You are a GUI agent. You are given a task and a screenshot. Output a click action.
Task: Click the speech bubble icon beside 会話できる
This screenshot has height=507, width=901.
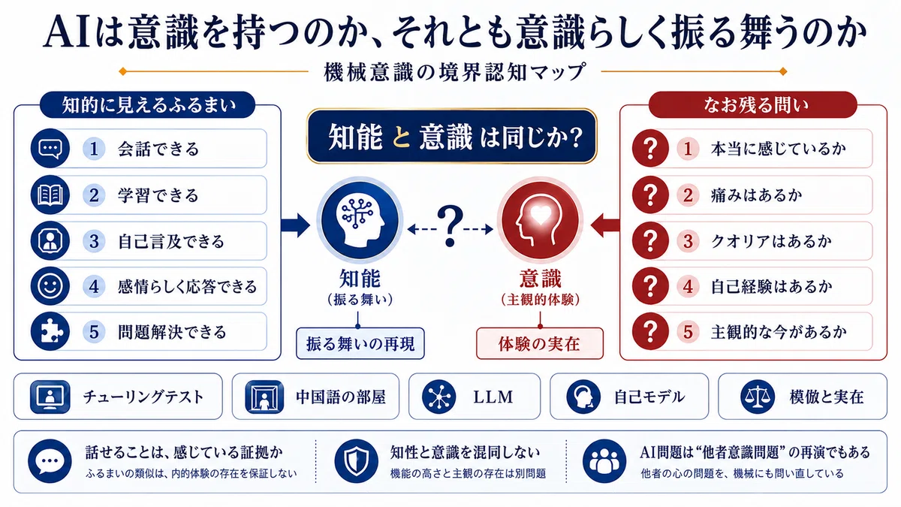(x=50, y=149)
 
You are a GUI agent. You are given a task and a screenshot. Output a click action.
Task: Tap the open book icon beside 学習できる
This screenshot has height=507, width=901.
(x=50, y=195)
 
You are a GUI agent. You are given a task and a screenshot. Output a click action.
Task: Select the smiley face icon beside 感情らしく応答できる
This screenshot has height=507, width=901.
(x=50, y=286)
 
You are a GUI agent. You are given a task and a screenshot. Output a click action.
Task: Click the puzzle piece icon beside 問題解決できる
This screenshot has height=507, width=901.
(x=50, y=331)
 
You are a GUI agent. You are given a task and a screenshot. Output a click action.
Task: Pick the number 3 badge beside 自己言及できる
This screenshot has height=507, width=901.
(x=94, y=241)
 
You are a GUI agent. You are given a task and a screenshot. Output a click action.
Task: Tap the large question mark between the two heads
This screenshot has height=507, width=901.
(x=450, y=226)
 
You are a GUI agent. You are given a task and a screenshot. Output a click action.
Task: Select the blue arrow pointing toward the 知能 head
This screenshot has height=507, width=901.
(x=295, y=225)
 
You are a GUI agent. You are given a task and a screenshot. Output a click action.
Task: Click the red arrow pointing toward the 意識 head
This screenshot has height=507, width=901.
(x=605, y=225)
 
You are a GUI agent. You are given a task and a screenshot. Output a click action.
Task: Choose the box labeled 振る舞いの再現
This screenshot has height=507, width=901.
(x=360, y=344)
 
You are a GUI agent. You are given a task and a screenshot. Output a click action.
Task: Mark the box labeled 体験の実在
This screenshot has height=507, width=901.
(x=540, y=344)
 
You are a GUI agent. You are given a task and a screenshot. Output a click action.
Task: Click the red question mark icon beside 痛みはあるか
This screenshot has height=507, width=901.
(x=650, y=195)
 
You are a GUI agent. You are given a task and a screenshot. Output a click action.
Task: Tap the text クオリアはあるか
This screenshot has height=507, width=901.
(x=771, y=241)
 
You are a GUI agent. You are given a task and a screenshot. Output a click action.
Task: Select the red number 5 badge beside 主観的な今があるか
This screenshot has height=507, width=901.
(x=688, y=331)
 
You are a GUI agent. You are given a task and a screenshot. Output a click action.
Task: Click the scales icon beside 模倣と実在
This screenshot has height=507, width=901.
(x=758, y=397)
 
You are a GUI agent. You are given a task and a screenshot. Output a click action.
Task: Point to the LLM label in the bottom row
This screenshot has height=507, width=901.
(x=493, y=397)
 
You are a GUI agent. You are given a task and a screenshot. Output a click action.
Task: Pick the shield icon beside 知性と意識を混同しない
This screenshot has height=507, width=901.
(x=357, y=461)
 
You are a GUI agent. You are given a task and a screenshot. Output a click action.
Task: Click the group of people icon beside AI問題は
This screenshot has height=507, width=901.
(x=604, y=461)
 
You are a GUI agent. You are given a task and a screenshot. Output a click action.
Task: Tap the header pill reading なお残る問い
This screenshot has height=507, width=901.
(x=752, y=104)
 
